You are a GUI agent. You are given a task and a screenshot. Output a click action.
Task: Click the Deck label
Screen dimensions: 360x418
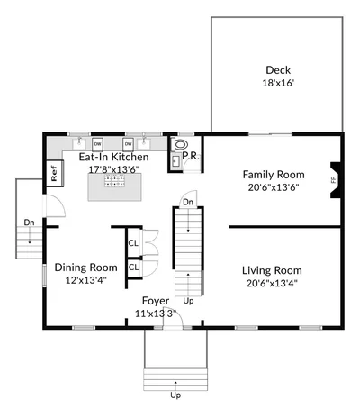pos(278,70)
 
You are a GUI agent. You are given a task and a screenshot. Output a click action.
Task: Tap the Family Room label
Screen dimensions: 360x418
pos(274,175)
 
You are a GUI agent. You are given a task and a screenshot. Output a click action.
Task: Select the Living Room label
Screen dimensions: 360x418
pos(272,270)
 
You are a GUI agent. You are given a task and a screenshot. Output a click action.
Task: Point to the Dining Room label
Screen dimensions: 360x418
pos(85,268)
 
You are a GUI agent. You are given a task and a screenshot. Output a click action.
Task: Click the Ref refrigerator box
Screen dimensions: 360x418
pos(54,173)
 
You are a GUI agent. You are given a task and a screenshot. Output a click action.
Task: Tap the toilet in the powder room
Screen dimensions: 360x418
pos(181,145)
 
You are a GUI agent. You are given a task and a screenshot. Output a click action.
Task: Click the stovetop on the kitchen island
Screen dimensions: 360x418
pos(114,181)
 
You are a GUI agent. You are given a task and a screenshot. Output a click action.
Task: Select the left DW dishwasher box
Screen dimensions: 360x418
pos(98,144)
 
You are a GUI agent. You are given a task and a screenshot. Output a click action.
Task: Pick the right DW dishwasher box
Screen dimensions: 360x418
pos(128,144)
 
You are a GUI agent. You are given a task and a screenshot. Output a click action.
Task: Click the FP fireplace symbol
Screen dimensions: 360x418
pos(335,180)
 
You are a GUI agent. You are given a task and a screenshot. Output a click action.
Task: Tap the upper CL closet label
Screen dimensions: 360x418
pos(133,243)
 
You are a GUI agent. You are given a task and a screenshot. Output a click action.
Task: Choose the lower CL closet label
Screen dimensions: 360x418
pos(133,267)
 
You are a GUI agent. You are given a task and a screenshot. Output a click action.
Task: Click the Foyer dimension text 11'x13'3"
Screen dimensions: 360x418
pos(156,313)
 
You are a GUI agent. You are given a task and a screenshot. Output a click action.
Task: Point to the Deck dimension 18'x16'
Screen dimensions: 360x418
pos(278,83)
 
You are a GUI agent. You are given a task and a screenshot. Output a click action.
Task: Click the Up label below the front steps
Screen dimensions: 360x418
pos(175,395)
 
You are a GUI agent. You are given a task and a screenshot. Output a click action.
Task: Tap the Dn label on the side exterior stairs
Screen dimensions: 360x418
pos(29,223)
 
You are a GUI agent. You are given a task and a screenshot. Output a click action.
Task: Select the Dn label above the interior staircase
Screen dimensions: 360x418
pos(188,203)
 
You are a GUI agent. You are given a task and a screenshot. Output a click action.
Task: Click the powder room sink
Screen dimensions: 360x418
pos(175,162)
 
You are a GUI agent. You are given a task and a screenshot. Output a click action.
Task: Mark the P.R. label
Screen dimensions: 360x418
pos(191,156)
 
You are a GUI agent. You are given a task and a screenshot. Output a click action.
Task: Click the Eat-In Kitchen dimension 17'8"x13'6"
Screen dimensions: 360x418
pos(114,169)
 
